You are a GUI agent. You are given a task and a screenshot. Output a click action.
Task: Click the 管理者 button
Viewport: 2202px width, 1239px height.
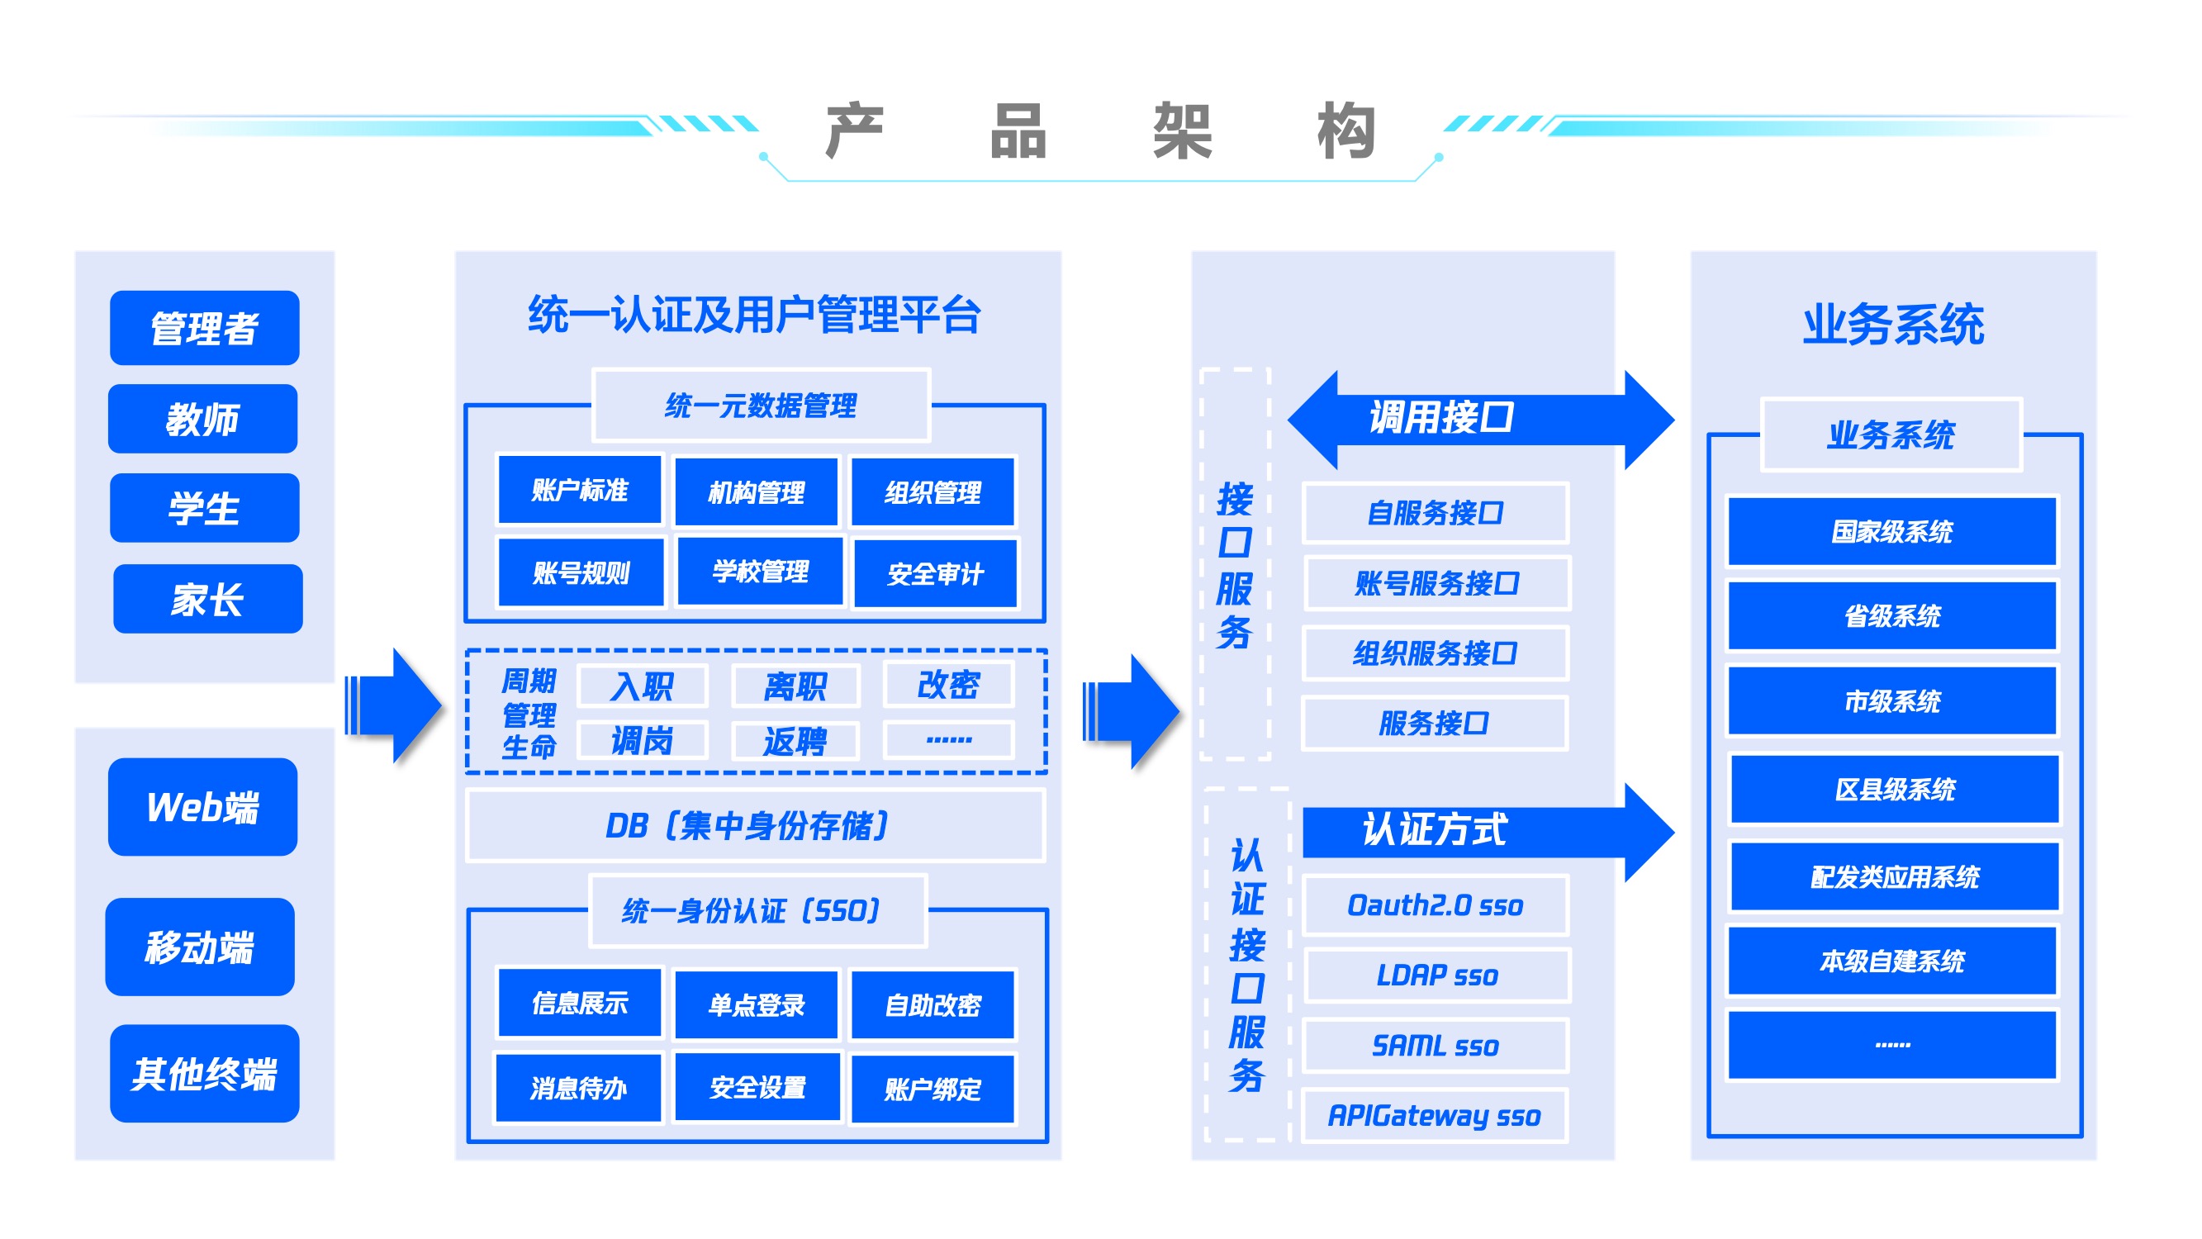pyautogui.click(x=204, y=327)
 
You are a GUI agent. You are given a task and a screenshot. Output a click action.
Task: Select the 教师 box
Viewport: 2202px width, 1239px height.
pyautogui.click(x=202, y=419)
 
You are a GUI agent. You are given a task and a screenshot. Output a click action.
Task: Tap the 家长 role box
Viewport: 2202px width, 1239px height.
pyautogui.click(x=207, y=599)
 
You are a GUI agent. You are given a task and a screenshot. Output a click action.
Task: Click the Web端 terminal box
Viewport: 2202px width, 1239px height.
pyautogui.click(x=202, y=806)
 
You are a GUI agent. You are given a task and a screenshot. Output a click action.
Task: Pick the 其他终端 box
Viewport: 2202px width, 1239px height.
pyautogui.click(x=204, y=1073)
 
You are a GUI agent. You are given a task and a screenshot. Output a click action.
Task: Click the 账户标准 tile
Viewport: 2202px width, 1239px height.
pyautogui.click(x=580, y=489)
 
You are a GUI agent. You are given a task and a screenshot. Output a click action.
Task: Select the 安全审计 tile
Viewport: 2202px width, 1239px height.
pyautogui.click(x=935, y=573)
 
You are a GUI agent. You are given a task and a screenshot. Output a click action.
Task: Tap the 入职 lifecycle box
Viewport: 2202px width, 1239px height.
pyautogui.click(x=642, y=686)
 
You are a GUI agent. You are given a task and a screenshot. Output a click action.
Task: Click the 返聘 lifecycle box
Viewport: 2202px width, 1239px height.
pyautogui.click(x=795, y=740)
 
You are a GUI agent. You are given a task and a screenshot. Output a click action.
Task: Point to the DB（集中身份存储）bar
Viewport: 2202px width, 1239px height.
pyautogui.click(x=755, y=825)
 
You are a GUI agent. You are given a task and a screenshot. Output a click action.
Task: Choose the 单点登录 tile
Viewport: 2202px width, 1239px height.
pyautogui.click(x=757, y=1004)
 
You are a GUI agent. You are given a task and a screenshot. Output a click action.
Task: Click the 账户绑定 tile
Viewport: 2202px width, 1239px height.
pyautogui.click(x=933, y=1089)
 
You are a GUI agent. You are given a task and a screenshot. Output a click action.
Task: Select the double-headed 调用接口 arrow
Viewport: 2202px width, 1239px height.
pyautogui.click(x=1481, y=419)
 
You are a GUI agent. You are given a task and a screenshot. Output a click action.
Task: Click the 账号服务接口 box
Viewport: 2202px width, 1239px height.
pyautogui.click(x=1437, y=583)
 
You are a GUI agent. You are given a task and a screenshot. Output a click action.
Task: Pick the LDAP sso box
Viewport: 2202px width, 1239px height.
pyautogui.click(x=1437, y=976)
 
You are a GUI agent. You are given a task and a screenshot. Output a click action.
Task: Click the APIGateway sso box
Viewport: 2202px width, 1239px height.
pyautogui.click(x=1435, y=1115)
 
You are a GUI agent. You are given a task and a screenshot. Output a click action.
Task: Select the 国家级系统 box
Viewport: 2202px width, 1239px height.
pyautogui.click(x=1891, y=531)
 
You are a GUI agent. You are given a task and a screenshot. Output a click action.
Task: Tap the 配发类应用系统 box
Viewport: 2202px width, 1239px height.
pyautogui.click(x=1894, y=876)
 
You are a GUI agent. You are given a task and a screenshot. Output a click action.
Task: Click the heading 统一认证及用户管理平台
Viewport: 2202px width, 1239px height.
pyautogui.click(x=754, y=315)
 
